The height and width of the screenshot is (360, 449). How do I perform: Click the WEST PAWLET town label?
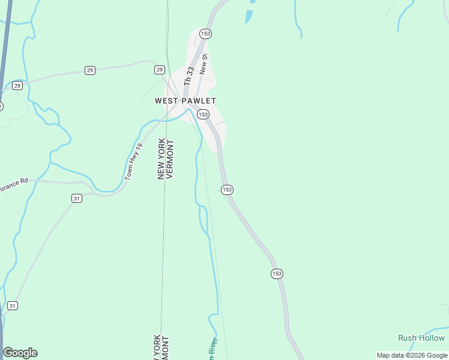point(185,101)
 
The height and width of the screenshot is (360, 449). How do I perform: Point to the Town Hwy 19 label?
point(134,161)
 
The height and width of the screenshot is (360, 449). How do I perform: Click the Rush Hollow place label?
point(421,338)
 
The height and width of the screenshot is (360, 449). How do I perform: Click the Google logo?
point(20,353)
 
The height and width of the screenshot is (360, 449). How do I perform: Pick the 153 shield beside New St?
point(206,34)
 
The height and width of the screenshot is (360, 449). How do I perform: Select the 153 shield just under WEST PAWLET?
point(203,114)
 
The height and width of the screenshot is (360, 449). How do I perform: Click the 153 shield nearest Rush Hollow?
point(276,273)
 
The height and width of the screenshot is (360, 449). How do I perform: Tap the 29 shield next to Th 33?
point(160,70)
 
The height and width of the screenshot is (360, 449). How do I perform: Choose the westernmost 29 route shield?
point(17,86)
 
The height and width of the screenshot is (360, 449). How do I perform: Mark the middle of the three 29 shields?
point(89,70)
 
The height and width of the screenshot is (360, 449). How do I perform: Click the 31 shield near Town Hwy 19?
point(77,198)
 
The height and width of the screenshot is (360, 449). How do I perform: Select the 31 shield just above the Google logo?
point(13,306)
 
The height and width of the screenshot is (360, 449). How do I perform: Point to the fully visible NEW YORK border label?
point(161,158)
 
